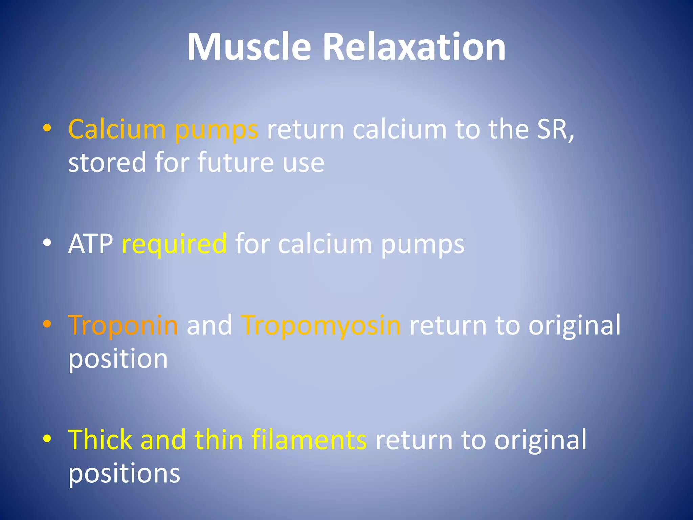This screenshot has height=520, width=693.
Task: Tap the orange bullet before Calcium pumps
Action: tap(47, 128)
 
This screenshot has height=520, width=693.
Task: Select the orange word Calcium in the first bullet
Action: tap(117, 129)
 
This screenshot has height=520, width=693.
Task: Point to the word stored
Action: tap(107, 162)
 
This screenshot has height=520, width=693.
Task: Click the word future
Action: tap(236, 162)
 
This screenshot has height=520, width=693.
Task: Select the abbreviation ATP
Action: tap(91, 244)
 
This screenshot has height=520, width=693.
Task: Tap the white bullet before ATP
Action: tap(47, 243)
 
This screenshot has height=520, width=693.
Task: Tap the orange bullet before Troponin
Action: tap(47, 324)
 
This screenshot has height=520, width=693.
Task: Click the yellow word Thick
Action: tap(100, 439)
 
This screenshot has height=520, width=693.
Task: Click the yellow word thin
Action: tap(219, 439)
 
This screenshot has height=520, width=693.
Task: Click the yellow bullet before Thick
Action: tap(47, 439)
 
